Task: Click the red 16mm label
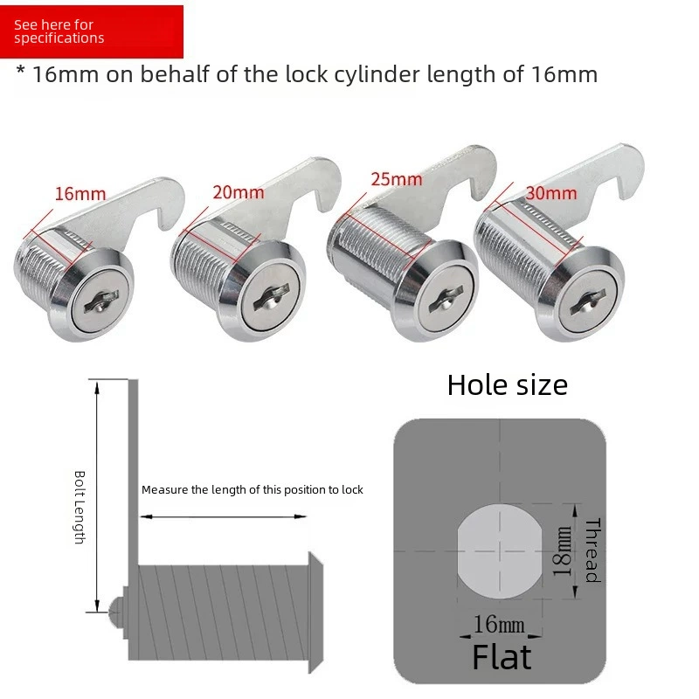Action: (x=80, y=194)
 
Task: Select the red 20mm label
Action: (x=239, y=192)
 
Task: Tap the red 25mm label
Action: (x=397, y=179)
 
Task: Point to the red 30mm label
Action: (x=551, y=193)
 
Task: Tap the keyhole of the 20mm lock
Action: (x=272, y=299)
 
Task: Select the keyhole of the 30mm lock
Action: (x=587, y=301)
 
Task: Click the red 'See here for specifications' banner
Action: (x=92, y=31)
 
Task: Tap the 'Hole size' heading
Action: (x=508, y=384)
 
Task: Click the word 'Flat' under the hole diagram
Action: (x=502, y=657)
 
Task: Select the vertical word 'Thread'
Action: (x=593, y=550)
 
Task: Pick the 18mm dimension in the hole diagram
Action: (x=563, y=551)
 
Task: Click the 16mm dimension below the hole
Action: (x=499, y=624)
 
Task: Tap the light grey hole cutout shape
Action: (x=500, y=551)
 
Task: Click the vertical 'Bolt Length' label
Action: (x=80, y=508)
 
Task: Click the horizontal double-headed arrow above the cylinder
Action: (x=224, y=516)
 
